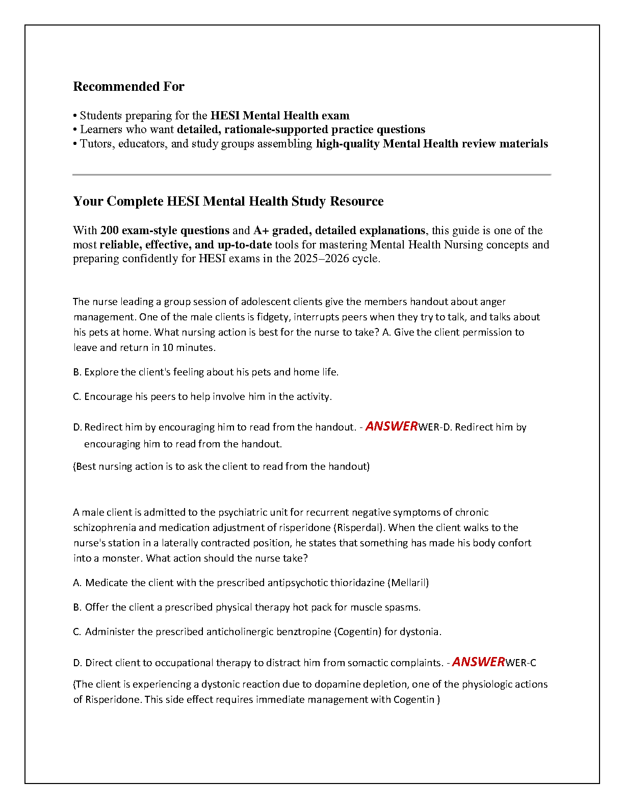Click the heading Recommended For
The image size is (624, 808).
point(128,87)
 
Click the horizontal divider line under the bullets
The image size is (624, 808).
point(311,175)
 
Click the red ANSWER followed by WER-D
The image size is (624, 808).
point(392,426)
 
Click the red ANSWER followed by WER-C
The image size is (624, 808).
point(478,662)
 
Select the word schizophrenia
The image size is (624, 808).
point(104,528)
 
